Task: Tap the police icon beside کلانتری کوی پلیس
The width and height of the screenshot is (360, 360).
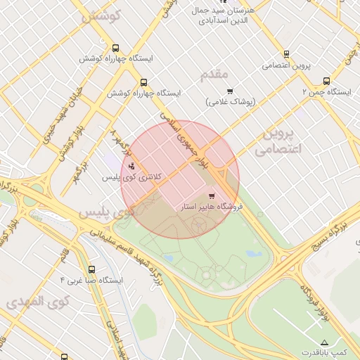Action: pyautogui.click(x=132, y=167)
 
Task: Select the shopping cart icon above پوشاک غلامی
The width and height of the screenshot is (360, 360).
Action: pyautogui.click(x=229, y=91)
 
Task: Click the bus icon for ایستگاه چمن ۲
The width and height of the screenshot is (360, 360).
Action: pyautogui.click(x=326, y=81)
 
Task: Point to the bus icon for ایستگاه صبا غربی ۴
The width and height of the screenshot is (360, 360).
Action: pyautogui.click(x=91, y=269)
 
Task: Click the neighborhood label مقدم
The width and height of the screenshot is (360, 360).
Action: pyautogui.click(x=215, y=75)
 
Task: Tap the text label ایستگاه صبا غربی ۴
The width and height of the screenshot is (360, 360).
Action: pyautogui.click(x=92, y=280)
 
